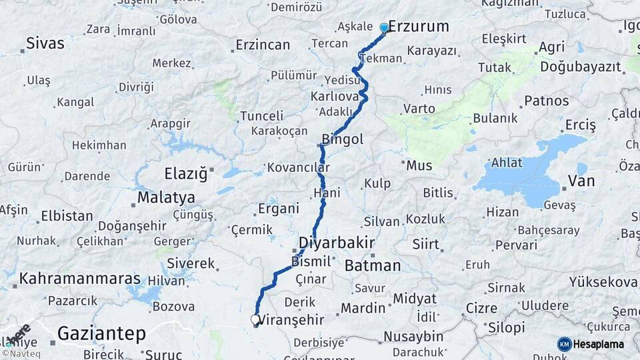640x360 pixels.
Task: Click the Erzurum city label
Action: [x=418, y=27]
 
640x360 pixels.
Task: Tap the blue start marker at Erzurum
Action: [x=384, y=27]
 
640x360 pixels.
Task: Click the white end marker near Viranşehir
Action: [x=255, y=320]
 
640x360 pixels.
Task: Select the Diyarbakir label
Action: [x=336, y=242]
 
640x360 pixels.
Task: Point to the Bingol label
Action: [x=342, y=139]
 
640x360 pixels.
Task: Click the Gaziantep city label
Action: [x=101, y=333]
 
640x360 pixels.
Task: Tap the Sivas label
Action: [x=45, y=44]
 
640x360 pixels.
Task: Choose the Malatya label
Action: [x=166, y=197]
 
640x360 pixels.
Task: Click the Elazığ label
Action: [x=186, y=174]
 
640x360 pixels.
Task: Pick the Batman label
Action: [x=373, y=265]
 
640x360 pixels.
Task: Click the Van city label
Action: [x=581, y=180]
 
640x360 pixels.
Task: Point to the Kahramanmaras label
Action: [x=80, y=279]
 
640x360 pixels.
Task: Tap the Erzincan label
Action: [x=263, y=45]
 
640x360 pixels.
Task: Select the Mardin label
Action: [x=363, y=308]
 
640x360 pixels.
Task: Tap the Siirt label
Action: [x=425, y=244]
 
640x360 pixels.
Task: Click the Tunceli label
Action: [x=261, y=115]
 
